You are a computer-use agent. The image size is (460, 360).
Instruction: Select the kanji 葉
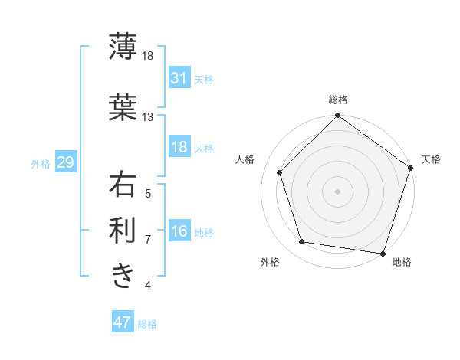tap(123, 106)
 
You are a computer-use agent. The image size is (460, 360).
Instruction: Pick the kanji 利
tap(123, 230)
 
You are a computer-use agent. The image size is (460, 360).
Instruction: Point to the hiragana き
tap(123, 274)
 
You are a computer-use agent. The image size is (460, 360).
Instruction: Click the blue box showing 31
tap(179, 77)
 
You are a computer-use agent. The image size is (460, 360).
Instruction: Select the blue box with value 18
tap(179, 147)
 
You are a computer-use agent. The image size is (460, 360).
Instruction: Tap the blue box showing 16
tap(179, 231)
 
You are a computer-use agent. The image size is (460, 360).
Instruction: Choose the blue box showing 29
tap(65, 162)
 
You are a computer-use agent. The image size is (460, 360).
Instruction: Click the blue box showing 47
tap(123, 322)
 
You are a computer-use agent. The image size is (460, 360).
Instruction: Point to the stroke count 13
tap(147, 117)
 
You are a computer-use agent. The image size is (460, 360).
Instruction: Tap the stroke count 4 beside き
tap(148, 286)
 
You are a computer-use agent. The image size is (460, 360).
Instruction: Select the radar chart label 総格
tap(337, 100)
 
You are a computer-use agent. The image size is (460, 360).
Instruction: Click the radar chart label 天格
tap(431, 159)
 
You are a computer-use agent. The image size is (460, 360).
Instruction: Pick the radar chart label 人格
tap(245, 159)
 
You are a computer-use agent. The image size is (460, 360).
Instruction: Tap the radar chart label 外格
tap(270, 262)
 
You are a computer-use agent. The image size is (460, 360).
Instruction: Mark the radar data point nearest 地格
tap(383, 253)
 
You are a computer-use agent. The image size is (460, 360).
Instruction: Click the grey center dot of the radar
tap(337, 191)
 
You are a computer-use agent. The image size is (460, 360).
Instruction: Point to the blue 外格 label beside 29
tap(41, 163)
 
